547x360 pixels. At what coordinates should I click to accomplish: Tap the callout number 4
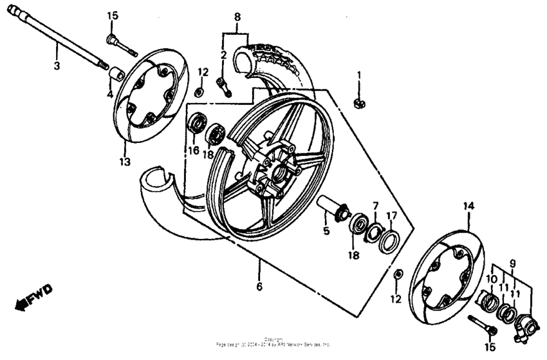point(109,93)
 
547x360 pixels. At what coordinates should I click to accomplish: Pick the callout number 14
point(468,205)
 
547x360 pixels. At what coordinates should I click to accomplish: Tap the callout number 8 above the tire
point(237,16)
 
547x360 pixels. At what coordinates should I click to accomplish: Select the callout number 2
point(223,55)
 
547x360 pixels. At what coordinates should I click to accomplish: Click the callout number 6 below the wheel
point(259,287)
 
